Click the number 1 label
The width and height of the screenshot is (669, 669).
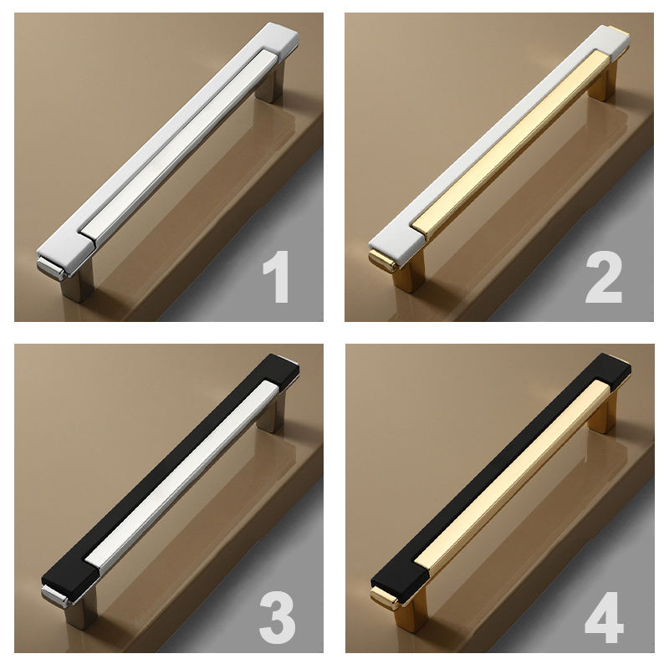[x=276, y=277]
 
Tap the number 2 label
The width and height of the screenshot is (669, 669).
[x=603, y=277]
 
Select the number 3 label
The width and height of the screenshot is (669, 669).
[x=277, y=617]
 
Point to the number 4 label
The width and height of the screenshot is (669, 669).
[x=604, y=617]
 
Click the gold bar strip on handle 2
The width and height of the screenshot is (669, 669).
[x=512, y=144]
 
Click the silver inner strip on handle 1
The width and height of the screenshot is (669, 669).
[x=179, y=147]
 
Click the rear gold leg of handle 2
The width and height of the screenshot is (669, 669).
[x=602, y=82]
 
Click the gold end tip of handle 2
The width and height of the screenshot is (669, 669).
[x=382, y=261]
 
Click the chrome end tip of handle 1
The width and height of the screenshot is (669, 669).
[x=51, y=268]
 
